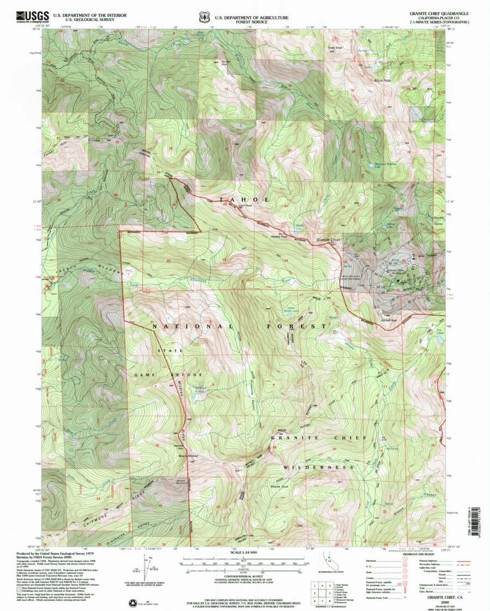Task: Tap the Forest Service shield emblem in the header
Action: [204, 17]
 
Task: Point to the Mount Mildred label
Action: [187, 455]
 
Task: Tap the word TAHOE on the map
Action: [244, 200]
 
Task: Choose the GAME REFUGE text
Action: [168, 375]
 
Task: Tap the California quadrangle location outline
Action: [327, 562]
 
